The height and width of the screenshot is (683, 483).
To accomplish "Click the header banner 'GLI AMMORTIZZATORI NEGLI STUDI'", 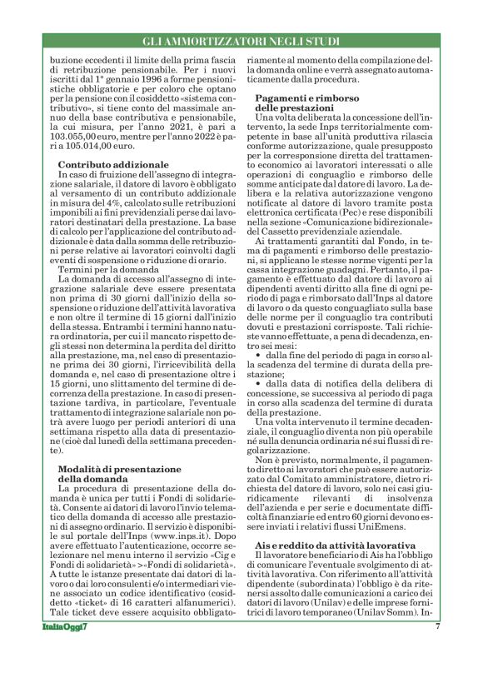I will pyautogui.click(x=242, y=42).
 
